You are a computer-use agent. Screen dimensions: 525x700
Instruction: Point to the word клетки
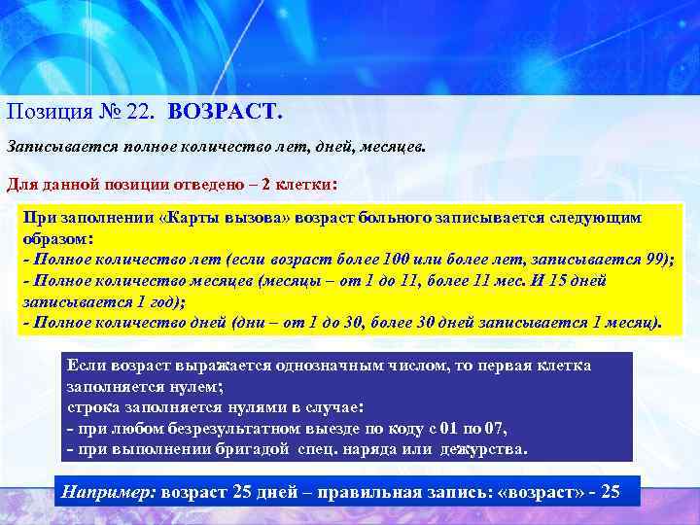302,184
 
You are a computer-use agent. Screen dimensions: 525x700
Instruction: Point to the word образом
53,239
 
